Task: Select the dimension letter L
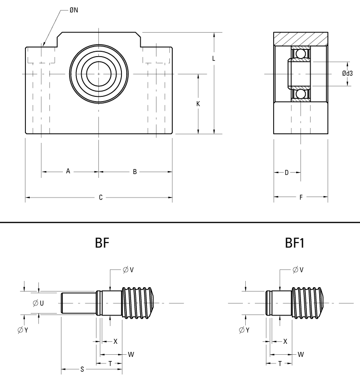click(214, 58)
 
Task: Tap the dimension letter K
click(198, 104)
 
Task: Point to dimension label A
click(68, 171)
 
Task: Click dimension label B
click(135, 171)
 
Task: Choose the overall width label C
click(100, 197)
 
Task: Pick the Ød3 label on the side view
click(348, 73)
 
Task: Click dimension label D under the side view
click(287, 172)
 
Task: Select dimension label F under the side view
click(300, 197)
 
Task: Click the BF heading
click(102, 243)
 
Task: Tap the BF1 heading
click(295, 243)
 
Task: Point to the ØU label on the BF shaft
click(38, 303)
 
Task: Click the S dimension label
click(82, 369)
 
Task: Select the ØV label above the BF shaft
click(128, 270)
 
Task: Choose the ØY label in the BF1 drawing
click(244, 330)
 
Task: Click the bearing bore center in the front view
click(99, 74)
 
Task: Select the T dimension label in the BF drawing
click(110, 363)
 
